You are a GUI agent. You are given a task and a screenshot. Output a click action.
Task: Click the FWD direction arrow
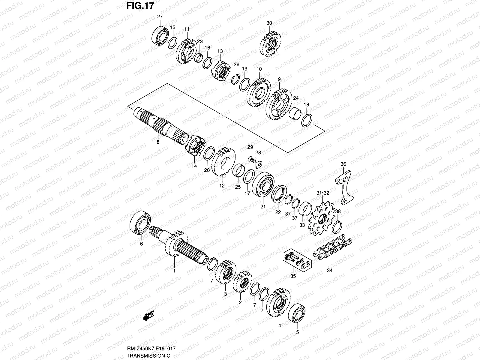tap(148, 315)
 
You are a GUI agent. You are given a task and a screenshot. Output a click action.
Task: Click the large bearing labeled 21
tap(263, 187)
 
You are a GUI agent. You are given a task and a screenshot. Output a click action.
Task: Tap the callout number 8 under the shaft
tap(158, 142)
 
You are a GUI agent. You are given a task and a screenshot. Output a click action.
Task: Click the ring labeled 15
tap(172, 43)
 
